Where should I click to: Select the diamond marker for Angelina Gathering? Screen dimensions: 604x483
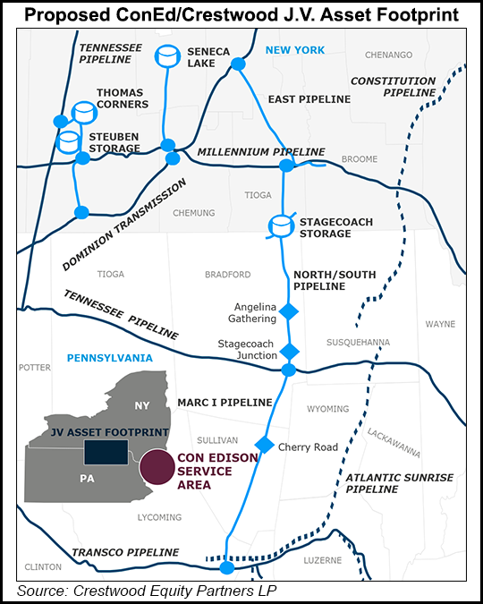(289, 311)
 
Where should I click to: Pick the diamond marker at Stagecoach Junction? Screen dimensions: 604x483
(289, 351)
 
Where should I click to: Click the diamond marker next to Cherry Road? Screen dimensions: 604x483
(264, 446)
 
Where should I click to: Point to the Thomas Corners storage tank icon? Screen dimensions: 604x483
(84, 113)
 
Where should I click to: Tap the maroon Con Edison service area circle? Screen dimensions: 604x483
(157, 467)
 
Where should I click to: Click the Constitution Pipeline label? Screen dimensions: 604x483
(390, 86)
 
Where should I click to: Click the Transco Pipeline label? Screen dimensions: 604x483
(140, 552)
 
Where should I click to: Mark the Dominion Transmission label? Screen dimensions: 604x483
(124, 225)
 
